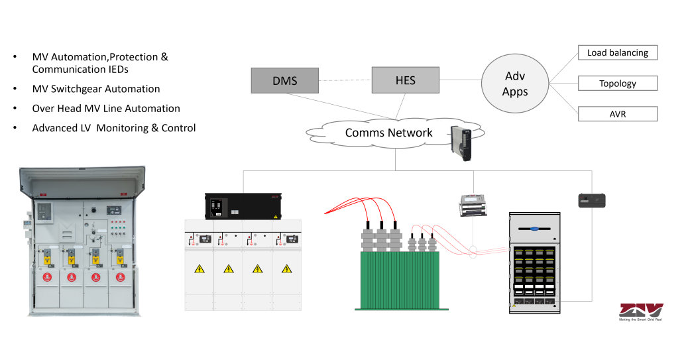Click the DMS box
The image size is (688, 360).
284,81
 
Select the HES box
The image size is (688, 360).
405,80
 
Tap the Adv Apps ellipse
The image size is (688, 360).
514,84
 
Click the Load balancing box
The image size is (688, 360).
617,52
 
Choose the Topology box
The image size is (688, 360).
617,84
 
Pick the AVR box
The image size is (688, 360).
617,114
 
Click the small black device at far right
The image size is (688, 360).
591,201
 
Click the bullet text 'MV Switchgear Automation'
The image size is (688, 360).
96,89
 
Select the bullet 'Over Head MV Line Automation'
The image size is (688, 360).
106,108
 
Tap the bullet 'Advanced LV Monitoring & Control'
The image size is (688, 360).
114,128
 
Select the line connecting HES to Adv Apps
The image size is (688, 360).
461,81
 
